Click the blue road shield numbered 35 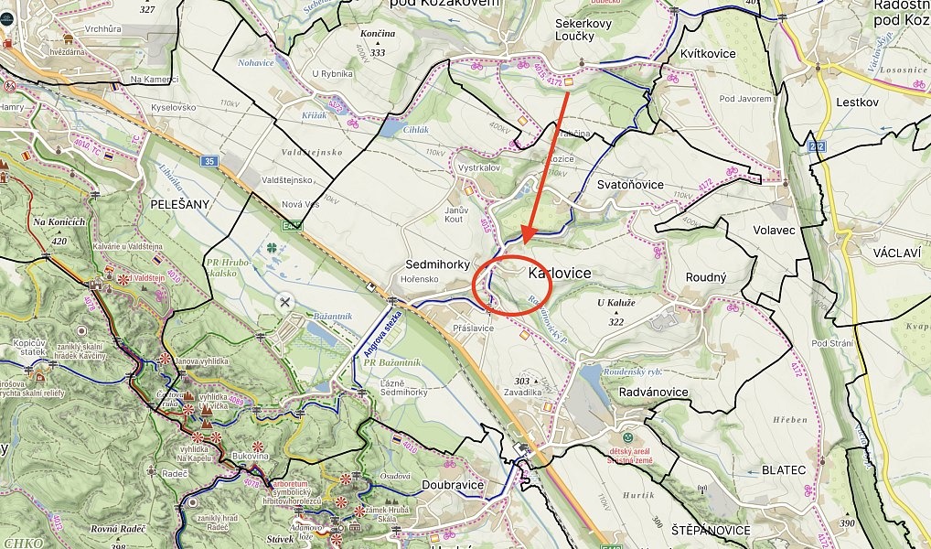(x=209, y=162)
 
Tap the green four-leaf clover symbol (x=271, y=248)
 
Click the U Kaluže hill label (x=615, y=303)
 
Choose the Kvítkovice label (x=708, y=54)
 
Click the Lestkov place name (x=857, y=102)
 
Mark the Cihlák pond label (x=415, y=130)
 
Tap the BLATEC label (x=783, y=469)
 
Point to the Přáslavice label (x=473, y=327)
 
